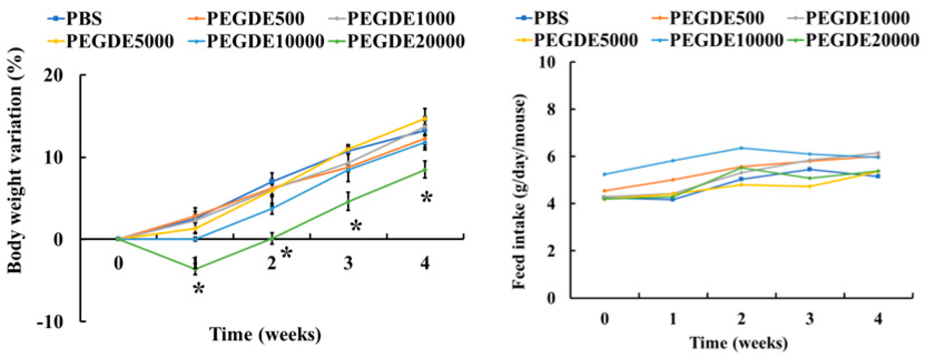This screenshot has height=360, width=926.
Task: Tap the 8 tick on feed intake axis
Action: (550, 109)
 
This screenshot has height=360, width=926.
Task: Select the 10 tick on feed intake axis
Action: (547, 62)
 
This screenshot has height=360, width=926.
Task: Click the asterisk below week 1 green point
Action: (199, 289)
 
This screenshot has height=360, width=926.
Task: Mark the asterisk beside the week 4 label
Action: (426, 197)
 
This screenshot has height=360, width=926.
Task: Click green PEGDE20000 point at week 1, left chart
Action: (195, 269)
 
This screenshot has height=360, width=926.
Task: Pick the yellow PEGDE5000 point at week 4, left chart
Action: (425, 118)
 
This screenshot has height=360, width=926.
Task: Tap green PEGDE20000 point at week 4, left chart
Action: (425, 170)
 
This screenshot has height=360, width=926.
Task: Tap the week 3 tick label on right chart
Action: (809, 319)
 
